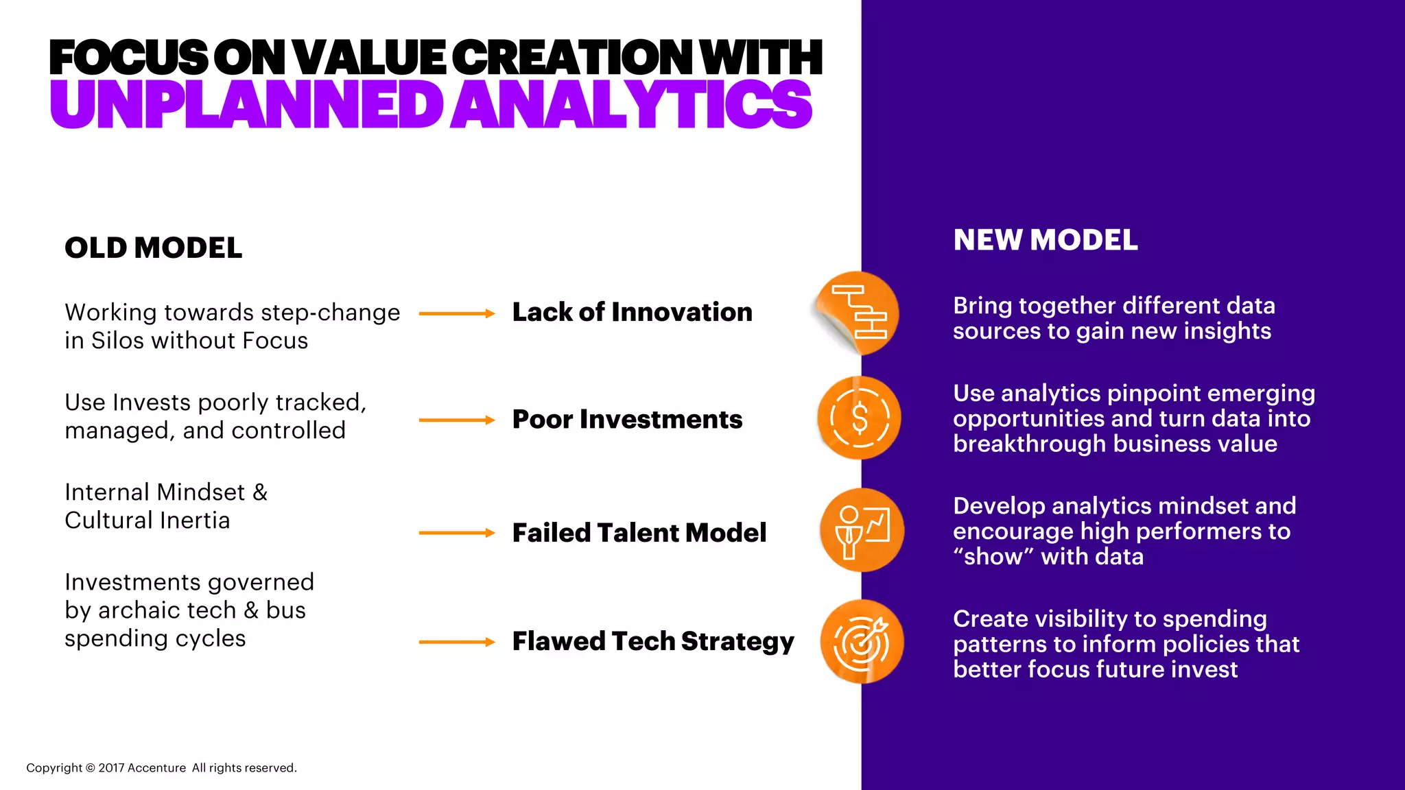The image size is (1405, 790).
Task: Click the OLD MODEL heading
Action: [x=153, y=248]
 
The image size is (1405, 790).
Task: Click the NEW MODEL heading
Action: [x=1045, y=241]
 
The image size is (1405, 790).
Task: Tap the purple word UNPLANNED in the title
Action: [x=247, y=105]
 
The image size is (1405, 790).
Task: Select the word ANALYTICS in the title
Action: [x=631, y=105]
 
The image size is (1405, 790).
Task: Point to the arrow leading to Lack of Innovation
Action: [x=457, y=313]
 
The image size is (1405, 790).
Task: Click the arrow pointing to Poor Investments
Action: [x=457, y=420]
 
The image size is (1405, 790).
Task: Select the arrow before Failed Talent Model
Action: [x=457, y=533]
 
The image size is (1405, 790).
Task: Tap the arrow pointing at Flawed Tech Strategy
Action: [x=457, y=642]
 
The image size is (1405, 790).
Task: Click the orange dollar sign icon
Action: [x=859, y=418]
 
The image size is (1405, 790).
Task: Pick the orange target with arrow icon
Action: [x=862, y=642]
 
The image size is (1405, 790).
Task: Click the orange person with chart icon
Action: [x=862, y=530]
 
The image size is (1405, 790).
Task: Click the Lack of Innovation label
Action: [x=632, y=313]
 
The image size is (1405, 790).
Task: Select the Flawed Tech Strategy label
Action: [x=652, y=642]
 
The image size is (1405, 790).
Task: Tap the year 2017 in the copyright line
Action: [x=111, y=768]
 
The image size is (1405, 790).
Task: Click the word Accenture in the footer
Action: [x=156, y=768]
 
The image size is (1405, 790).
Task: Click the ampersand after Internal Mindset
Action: [x=260, y=492]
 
